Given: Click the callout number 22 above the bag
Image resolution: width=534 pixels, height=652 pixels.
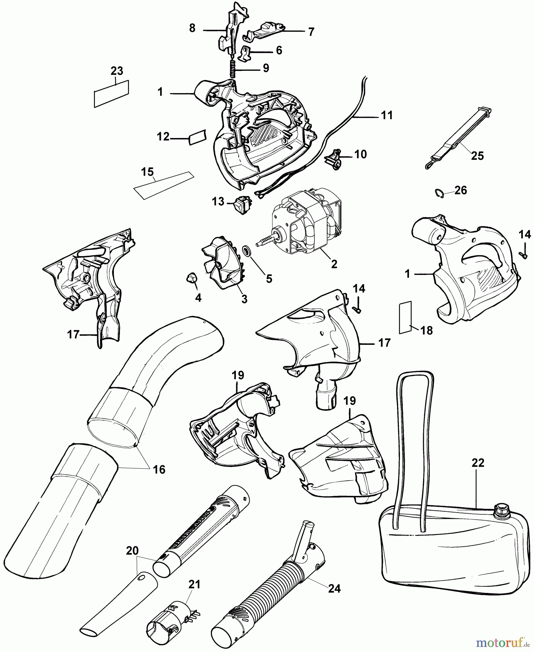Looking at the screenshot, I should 478,463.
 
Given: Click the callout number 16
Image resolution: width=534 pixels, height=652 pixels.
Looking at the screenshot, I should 159,470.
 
